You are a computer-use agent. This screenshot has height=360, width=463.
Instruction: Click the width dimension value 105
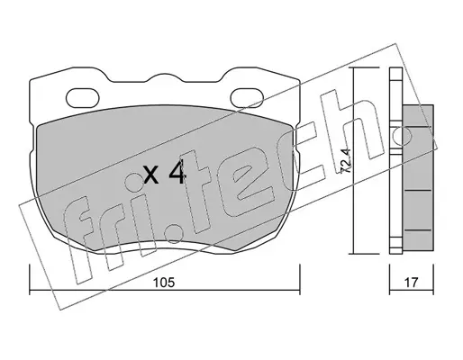point(163,283)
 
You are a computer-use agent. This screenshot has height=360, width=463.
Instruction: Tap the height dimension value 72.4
point(345,161)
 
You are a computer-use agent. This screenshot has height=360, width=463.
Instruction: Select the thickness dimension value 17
point(411,283)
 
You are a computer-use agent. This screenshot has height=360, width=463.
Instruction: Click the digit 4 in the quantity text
point(177,174)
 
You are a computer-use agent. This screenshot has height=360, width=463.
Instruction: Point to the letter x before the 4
point(150,175)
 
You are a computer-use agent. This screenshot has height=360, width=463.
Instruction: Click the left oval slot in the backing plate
point(83,98)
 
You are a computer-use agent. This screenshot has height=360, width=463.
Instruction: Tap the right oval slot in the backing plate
point(247,98)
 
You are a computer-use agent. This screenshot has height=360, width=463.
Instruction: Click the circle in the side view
point(402,136)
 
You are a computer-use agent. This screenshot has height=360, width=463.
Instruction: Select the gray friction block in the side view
point(418,177)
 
